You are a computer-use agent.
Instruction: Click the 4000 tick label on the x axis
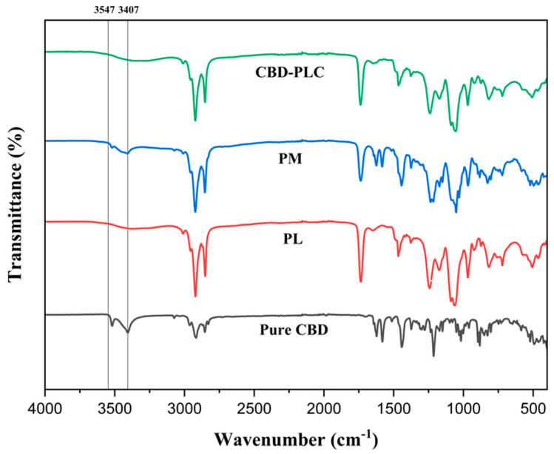coord(45,407)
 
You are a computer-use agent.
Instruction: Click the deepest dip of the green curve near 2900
coord(195,120)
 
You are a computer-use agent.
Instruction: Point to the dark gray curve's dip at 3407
coord(127,333)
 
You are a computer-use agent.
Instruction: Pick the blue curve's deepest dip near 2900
coord(195,211)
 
